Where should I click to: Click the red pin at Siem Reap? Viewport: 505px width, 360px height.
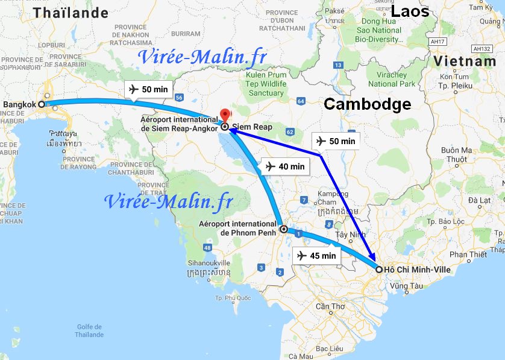point(225,114)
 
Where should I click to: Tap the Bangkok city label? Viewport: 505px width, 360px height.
point(20,105)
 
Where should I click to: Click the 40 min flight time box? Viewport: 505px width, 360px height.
point(285,166)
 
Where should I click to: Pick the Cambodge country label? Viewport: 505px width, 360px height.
point(367,104)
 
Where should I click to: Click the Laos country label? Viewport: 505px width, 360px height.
point(410,11)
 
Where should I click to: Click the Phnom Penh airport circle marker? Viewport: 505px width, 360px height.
point(283,229)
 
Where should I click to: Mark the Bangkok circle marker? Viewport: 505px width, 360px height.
point(42,104)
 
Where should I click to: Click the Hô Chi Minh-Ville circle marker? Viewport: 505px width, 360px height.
point(378,270)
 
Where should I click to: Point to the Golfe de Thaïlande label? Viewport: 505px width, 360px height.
point(90,330)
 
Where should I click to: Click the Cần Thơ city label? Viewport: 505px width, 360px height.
point(330,306)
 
